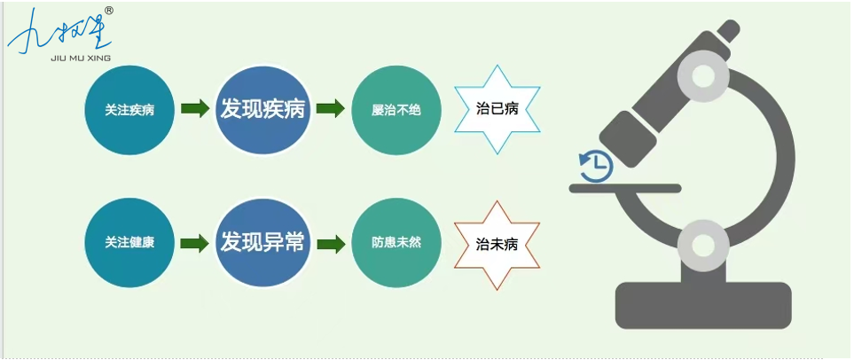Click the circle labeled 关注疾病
pos(129,110)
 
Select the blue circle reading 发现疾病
pos(262,110)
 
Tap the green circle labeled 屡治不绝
pos(396,110)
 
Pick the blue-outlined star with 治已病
pos(497,109)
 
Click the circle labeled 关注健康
pos(129,243)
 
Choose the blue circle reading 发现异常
pos(262,243)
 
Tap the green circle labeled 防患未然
pos(396,243)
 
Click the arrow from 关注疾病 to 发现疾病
pos(195,108)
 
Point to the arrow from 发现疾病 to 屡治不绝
pos(331,108)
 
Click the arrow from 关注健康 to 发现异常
pos(195,244)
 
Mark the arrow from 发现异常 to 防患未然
pos(331,244)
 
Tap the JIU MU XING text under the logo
pos(81,58)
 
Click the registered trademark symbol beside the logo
pos(108,11)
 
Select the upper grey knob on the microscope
pos(702,77)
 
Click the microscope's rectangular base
pos(702,306)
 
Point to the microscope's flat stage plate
pos(625,189)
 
